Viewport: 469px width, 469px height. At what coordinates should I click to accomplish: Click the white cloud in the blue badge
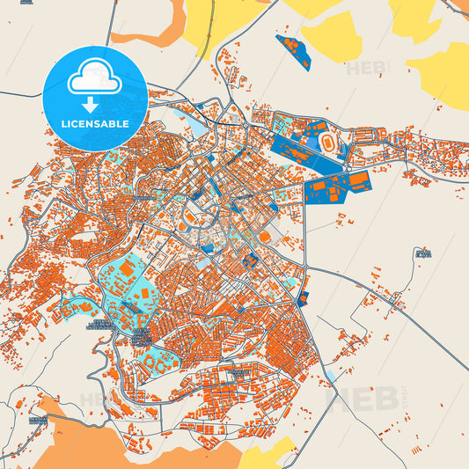click(94, 80)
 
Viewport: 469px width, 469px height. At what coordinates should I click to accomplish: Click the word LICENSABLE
click(94, 123)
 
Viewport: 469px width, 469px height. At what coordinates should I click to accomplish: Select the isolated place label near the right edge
click(423, 253)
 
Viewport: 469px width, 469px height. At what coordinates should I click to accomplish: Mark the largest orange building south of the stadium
click(358, 182)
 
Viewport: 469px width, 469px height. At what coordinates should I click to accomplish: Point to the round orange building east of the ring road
click(264, 236)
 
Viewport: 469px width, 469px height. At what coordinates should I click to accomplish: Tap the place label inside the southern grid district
click(236, 373)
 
